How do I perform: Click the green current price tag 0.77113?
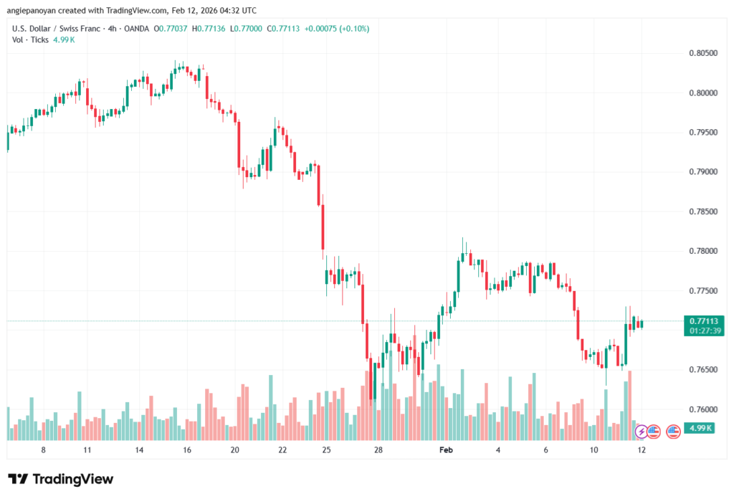[x=703, y=320]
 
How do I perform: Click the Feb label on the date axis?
[x=446, y=450]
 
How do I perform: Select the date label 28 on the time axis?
[x=378, y=450]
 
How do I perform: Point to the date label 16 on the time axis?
[x=186, y=450]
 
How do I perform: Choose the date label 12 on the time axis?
[x=641, y=450]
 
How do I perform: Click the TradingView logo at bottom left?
[x=60, y=479]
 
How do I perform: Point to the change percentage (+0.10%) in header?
[x=350, y=29]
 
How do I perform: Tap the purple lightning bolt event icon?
[x=641, y=431]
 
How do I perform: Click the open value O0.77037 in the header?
[x=160, y=29]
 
